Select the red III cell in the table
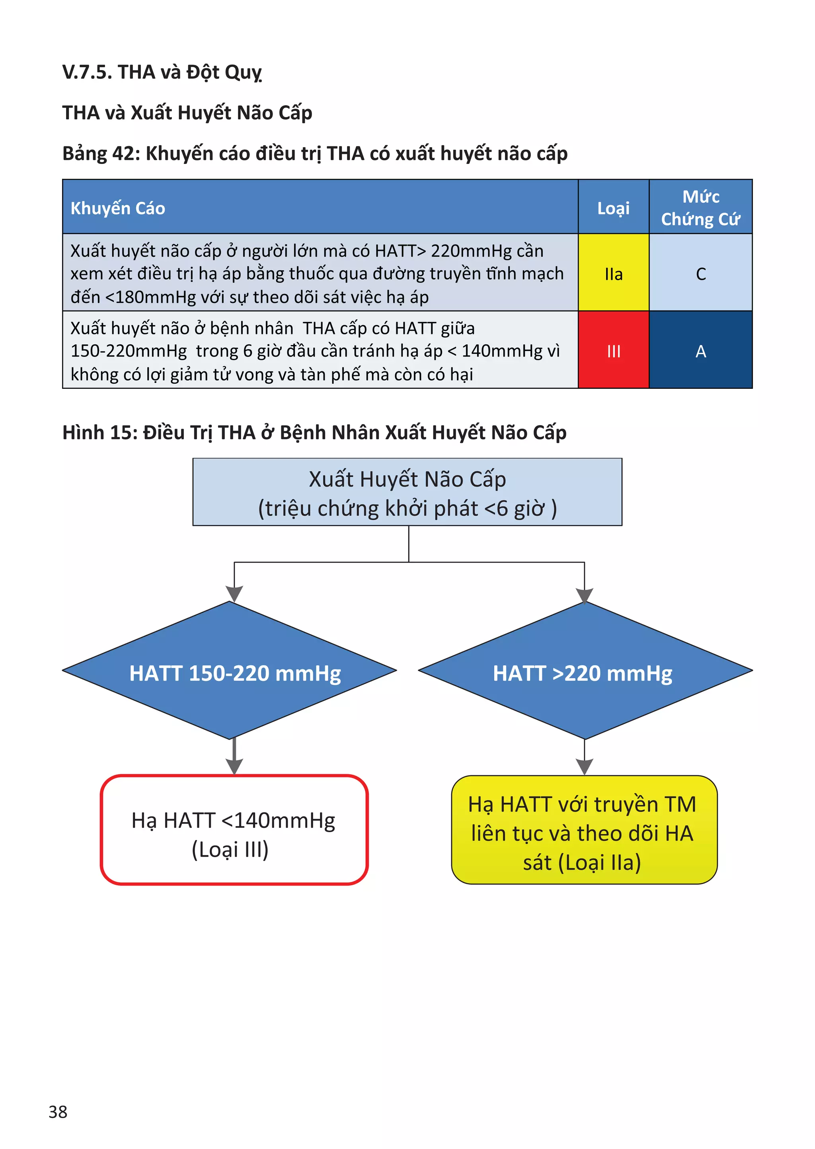tap(613, 350)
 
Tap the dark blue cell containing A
tap(700, 350)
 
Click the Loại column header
tap(613, 208)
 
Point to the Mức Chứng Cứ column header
tap(700, 207)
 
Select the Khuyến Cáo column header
tap(118, 208)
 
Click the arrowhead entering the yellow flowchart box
tap(584, 766)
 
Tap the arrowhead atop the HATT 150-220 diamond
tap(234, 593)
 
